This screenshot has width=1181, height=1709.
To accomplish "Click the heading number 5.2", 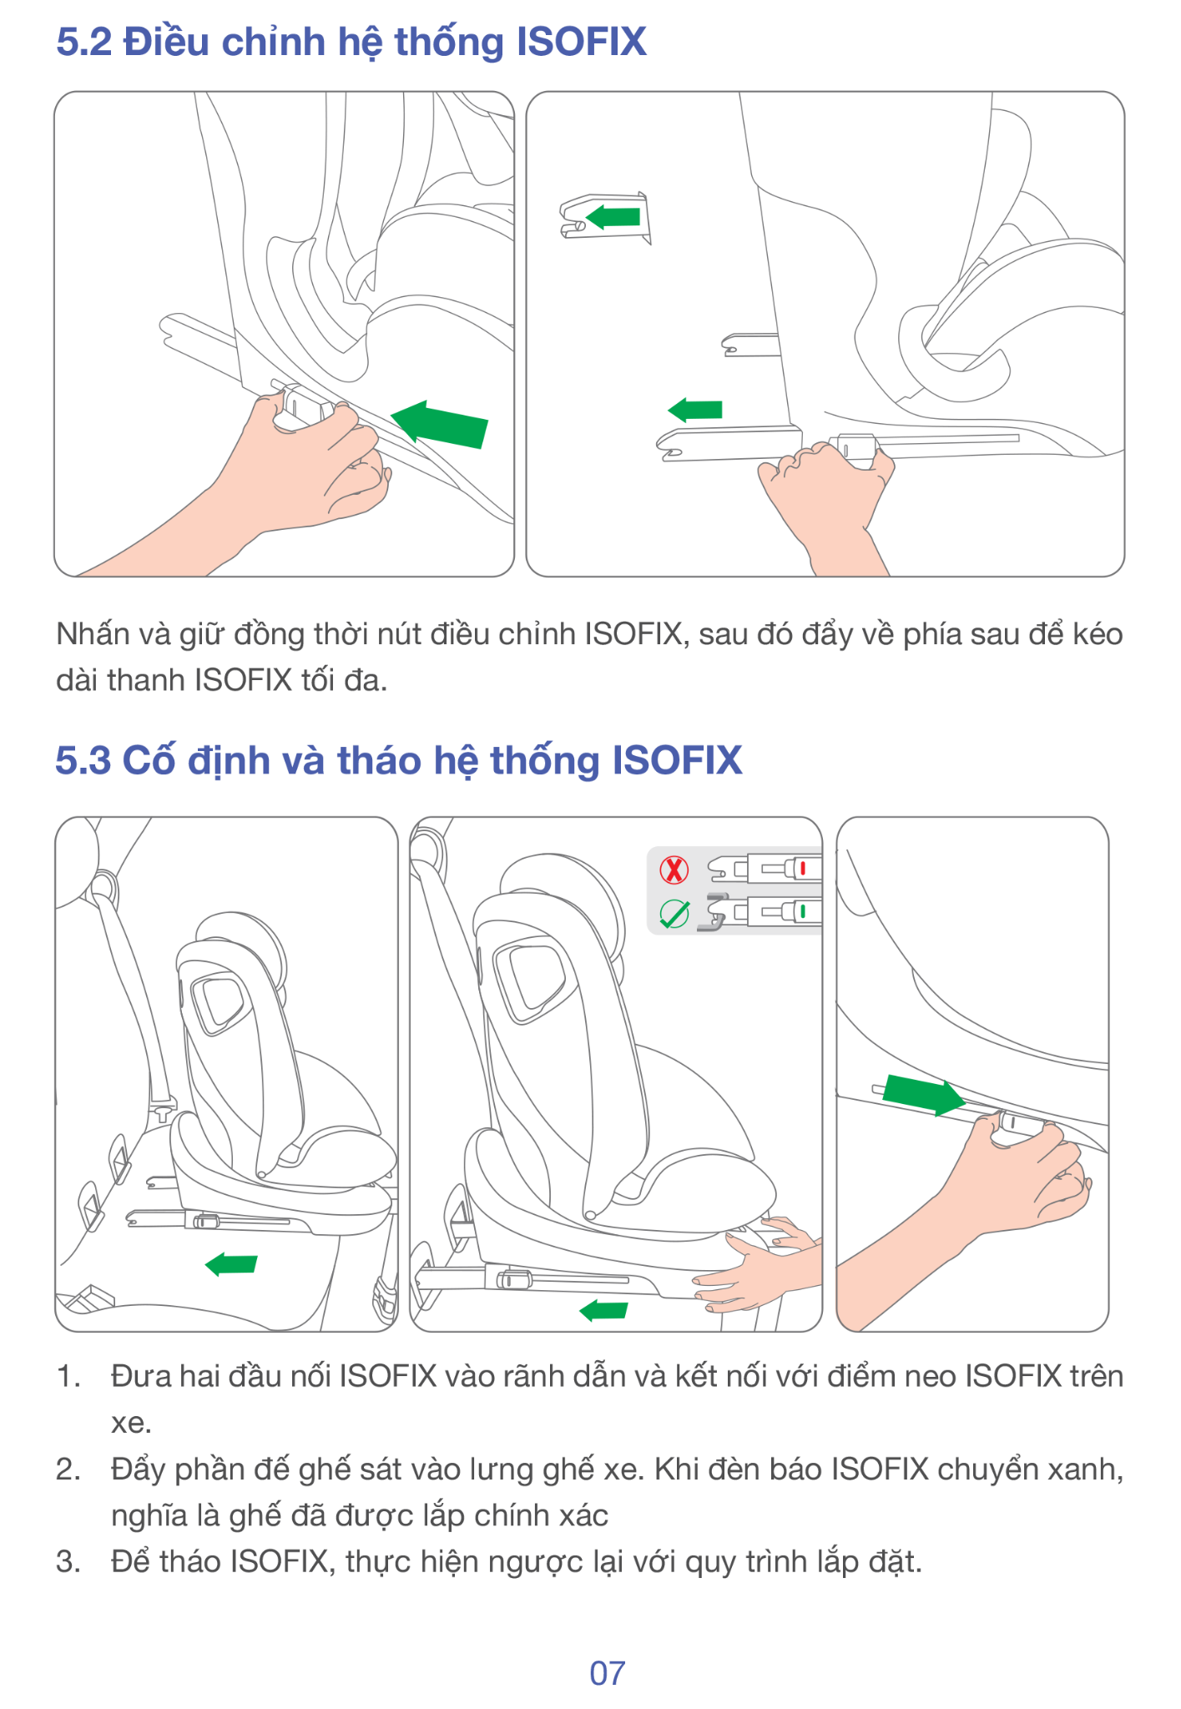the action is click(x=83, y=42).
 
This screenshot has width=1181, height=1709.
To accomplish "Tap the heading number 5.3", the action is click(x=83, y=760).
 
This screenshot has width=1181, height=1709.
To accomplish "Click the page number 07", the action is click(x=607, y=1673).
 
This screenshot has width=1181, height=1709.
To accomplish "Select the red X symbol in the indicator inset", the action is click(x=674, y=870).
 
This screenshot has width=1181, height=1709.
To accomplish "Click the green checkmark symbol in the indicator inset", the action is click(x=674, y=914).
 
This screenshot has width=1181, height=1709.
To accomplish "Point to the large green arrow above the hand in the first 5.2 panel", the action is click(x=440, y=424).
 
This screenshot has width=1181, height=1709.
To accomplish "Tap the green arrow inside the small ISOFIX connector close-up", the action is click(x=613, y=217).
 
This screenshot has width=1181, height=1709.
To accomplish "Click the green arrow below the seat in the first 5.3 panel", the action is click(x=231, y=1264).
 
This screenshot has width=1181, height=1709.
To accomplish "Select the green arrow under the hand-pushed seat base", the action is click(x=603, y=1310).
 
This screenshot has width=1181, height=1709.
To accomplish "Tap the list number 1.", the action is click(x=68, y=1377).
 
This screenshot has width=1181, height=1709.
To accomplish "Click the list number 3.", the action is click(x=68, y=1561).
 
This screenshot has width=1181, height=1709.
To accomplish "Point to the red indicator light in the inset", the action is click(x=803, y=869).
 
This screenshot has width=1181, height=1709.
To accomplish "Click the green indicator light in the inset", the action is click(x=803, y=910).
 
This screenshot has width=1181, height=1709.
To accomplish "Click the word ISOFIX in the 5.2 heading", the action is click(x=582, y=42).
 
